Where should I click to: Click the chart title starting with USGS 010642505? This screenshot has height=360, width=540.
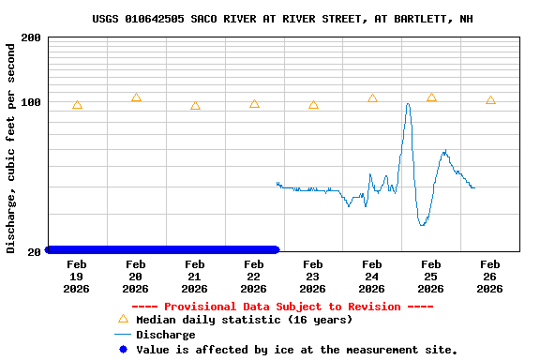(282, 19)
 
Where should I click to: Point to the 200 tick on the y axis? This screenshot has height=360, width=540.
(30, 37)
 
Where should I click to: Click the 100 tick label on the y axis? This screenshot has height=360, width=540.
(30, 101)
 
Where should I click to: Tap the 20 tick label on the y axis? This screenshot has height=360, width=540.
(34, 251)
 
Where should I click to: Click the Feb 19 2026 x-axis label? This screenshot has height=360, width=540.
(77, 277)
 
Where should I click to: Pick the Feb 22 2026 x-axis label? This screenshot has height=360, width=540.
(254, 277)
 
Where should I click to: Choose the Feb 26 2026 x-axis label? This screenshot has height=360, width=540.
(489, 277)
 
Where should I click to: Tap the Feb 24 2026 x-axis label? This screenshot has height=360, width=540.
(372, 277)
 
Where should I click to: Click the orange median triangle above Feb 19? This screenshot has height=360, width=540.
(77, 105)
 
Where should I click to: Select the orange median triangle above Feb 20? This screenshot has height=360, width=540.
(136, 97)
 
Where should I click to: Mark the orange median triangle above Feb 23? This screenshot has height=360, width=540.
(313, 105)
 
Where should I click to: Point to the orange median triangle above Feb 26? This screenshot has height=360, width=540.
(490, 100)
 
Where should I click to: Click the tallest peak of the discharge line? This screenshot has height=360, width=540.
(408, 104)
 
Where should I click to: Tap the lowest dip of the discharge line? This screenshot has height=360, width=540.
(423, 225)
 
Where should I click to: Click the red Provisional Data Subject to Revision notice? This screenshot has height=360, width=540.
(282, 307)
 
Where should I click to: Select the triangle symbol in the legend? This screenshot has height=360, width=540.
(122, 319)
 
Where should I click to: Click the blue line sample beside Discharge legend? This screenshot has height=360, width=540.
(122, 335)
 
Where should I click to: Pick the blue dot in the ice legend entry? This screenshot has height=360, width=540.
(122, 350)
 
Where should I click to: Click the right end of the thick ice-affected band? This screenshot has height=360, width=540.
(276, 249)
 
